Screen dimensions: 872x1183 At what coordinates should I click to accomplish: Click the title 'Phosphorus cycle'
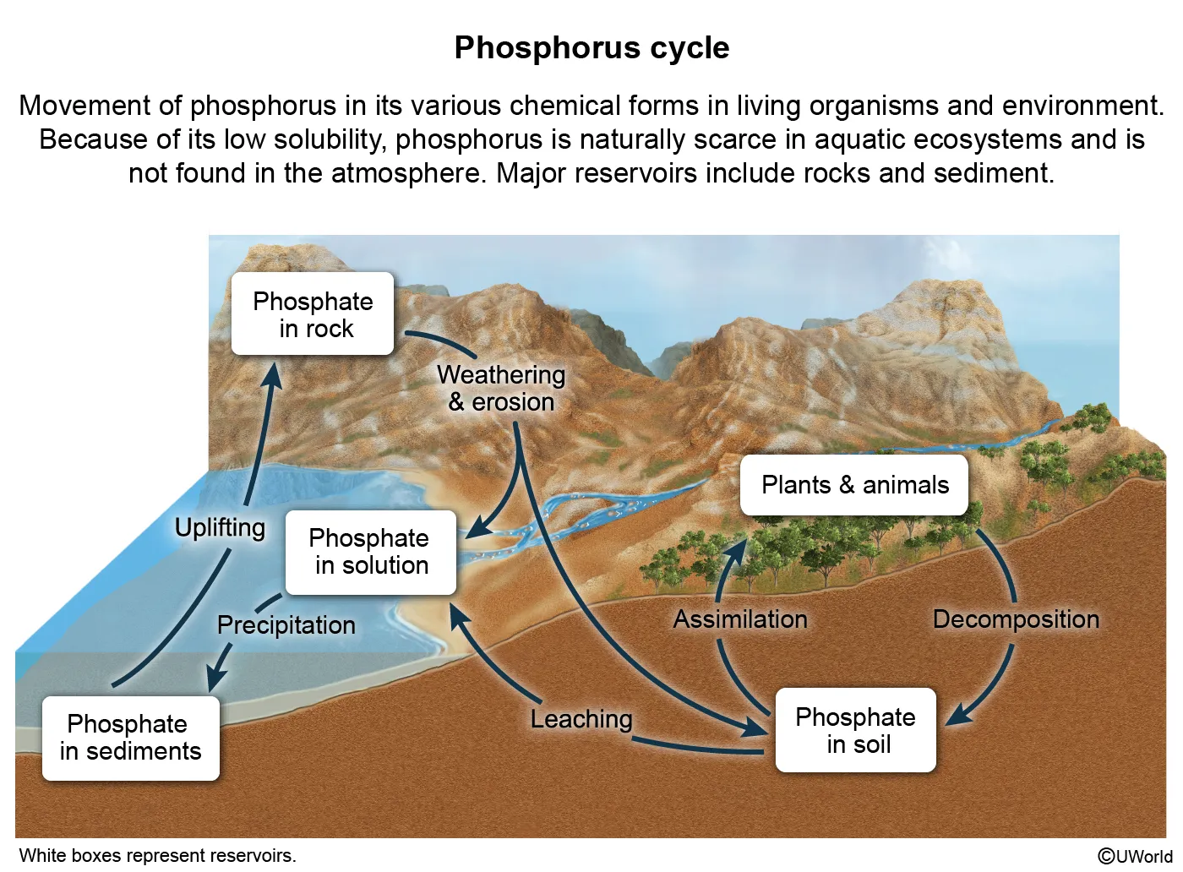pyautogui.click(x=591, y=48)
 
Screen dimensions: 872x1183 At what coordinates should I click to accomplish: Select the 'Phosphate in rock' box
pyautogui.click(x=313, y=314)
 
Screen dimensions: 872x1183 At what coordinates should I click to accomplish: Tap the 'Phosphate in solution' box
pyautogui.click(x=371, y=552)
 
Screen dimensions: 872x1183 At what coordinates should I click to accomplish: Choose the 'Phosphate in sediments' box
pyautogui.click(x=131, y=738)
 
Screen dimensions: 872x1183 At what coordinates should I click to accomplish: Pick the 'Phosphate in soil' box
pyautogui.click(x=856, y=730)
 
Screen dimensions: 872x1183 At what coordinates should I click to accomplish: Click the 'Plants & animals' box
pyautogui.click(x=854, y=485)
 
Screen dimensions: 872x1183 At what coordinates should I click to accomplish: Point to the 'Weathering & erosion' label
pyautogui.click(x=501, y=388)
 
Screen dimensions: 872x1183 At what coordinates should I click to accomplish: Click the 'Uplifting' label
pyautogui.click(x=220, y=527)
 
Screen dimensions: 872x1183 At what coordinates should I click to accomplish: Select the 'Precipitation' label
pyautogui.click(x=286, y=625)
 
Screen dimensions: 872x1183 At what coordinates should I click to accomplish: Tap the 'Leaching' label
pyautogui.click(x=581, y=719)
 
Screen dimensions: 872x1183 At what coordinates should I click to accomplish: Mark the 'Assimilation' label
pyautogui.click(x=740, y=619)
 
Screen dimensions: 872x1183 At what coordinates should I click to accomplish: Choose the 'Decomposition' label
pyautogui.click(x=1016, y=619)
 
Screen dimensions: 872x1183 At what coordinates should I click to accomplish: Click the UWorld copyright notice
pyautogui.click(x=1135, y=856)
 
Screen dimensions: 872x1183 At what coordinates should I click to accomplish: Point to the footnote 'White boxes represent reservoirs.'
pyautogui.click(x=158, y=856)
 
